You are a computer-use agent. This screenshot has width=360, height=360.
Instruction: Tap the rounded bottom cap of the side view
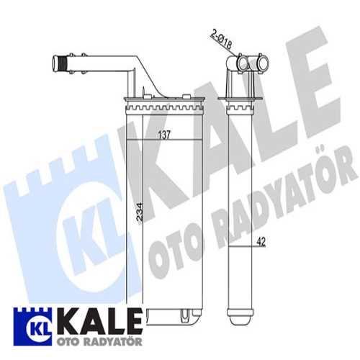241,315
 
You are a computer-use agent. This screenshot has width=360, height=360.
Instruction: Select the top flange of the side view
242,101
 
